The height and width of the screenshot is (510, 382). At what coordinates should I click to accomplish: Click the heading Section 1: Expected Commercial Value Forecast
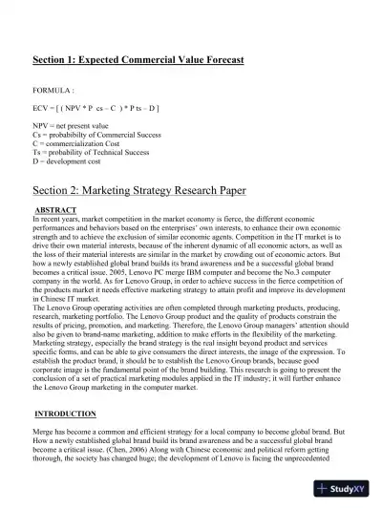coord(138,60)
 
